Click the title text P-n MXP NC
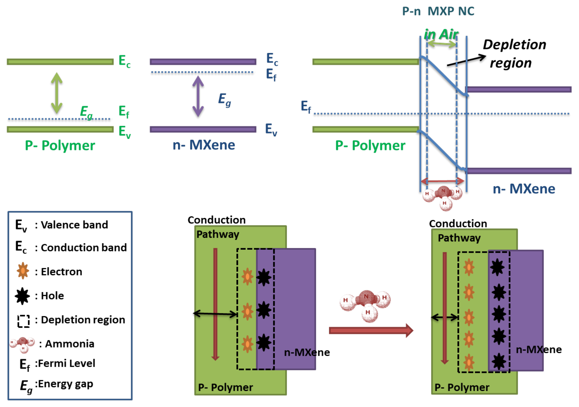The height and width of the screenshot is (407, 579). [x=438, y=11]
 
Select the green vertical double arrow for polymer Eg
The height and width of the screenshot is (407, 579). [x=57, y=93]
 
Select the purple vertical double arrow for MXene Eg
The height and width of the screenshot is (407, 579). [x=198, y=96]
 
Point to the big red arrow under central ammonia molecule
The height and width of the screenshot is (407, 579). [x=371, y=330]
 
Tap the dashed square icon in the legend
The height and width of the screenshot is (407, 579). [x=23, y=321]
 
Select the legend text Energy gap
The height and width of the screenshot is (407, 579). [x=64, y=384]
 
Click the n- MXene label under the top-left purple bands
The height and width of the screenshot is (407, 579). [x=204, y=145]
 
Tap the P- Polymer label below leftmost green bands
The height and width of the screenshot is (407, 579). [x=60, y=146]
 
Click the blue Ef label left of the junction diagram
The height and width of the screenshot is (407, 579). [x=306, y=107]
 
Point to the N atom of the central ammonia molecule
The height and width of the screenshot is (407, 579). [x=366, y=297]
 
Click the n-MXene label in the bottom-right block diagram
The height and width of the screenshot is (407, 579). [x=539, y=349]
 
